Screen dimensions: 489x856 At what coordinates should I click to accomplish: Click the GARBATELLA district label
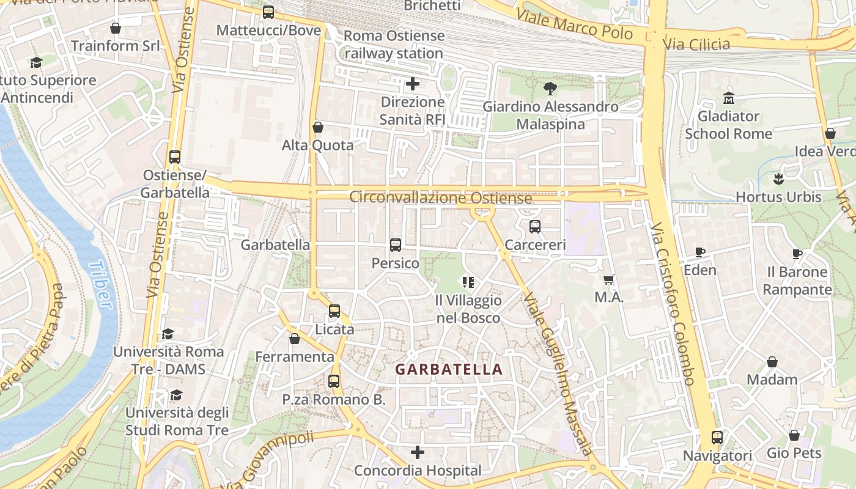449,369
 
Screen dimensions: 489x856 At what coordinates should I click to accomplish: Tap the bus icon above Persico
396,245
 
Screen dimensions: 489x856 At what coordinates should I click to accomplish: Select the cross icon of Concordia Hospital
418,452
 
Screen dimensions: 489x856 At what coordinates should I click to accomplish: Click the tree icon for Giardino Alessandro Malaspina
550,89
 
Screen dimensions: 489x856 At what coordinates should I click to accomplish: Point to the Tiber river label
100,285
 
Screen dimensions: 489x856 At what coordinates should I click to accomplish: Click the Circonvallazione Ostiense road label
440,198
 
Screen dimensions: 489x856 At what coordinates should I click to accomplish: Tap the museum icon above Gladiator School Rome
729,98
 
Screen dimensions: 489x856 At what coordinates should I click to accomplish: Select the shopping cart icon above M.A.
608,280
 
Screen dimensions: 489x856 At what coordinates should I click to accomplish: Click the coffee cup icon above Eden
700,252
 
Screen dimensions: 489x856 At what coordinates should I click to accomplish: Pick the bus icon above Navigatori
717,438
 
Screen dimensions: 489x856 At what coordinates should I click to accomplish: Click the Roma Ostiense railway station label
394,45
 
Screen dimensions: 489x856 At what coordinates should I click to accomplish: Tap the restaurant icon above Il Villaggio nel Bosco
468,282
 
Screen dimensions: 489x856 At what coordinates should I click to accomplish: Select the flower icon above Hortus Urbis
778,179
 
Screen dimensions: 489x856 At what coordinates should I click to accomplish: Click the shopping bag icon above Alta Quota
317,127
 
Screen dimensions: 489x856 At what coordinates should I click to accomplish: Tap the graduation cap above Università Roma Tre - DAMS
168,334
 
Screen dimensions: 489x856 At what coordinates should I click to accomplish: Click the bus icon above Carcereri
535,227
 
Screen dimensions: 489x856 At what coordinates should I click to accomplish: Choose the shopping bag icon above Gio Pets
794,435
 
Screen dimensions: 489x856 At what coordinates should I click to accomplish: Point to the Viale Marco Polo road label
574,23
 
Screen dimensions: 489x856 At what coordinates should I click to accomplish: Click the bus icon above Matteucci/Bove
268,12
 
